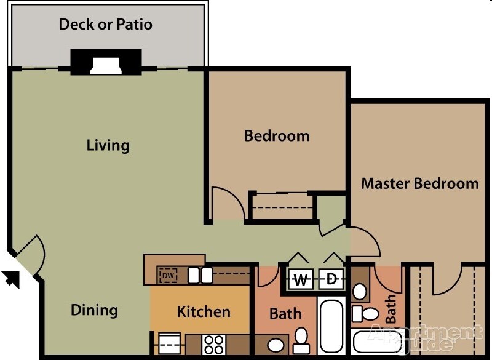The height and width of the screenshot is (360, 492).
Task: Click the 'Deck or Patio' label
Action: coord(105,25)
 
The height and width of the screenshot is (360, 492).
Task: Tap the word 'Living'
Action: coord(108,146)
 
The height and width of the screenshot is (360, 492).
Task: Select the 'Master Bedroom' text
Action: coord(419,183)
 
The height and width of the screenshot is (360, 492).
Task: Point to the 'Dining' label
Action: coord(94,310)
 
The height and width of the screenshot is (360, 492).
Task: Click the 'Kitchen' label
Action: coord(204,312)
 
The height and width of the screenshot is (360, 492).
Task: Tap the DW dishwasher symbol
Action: coord(169,276)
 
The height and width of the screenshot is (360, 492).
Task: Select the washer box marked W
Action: coord(301,280)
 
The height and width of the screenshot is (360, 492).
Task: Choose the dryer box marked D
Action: coord(331,280)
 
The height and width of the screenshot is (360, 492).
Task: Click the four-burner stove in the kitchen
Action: coord(213,343)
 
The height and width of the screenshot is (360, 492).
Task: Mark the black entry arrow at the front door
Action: coord(12,278)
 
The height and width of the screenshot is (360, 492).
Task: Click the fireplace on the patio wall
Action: coord(106,62)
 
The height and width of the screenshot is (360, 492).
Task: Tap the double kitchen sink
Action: coord(200,275)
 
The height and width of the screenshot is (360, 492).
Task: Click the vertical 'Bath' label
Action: coord(391,309)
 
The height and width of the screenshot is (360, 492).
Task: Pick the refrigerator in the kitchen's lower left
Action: coord(169,343)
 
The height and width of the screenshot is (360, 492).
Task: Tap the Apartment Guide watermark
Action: coord(424,337)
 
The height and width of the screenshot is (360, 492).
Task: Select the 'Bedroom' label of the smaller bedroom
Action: coord(277,135)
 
